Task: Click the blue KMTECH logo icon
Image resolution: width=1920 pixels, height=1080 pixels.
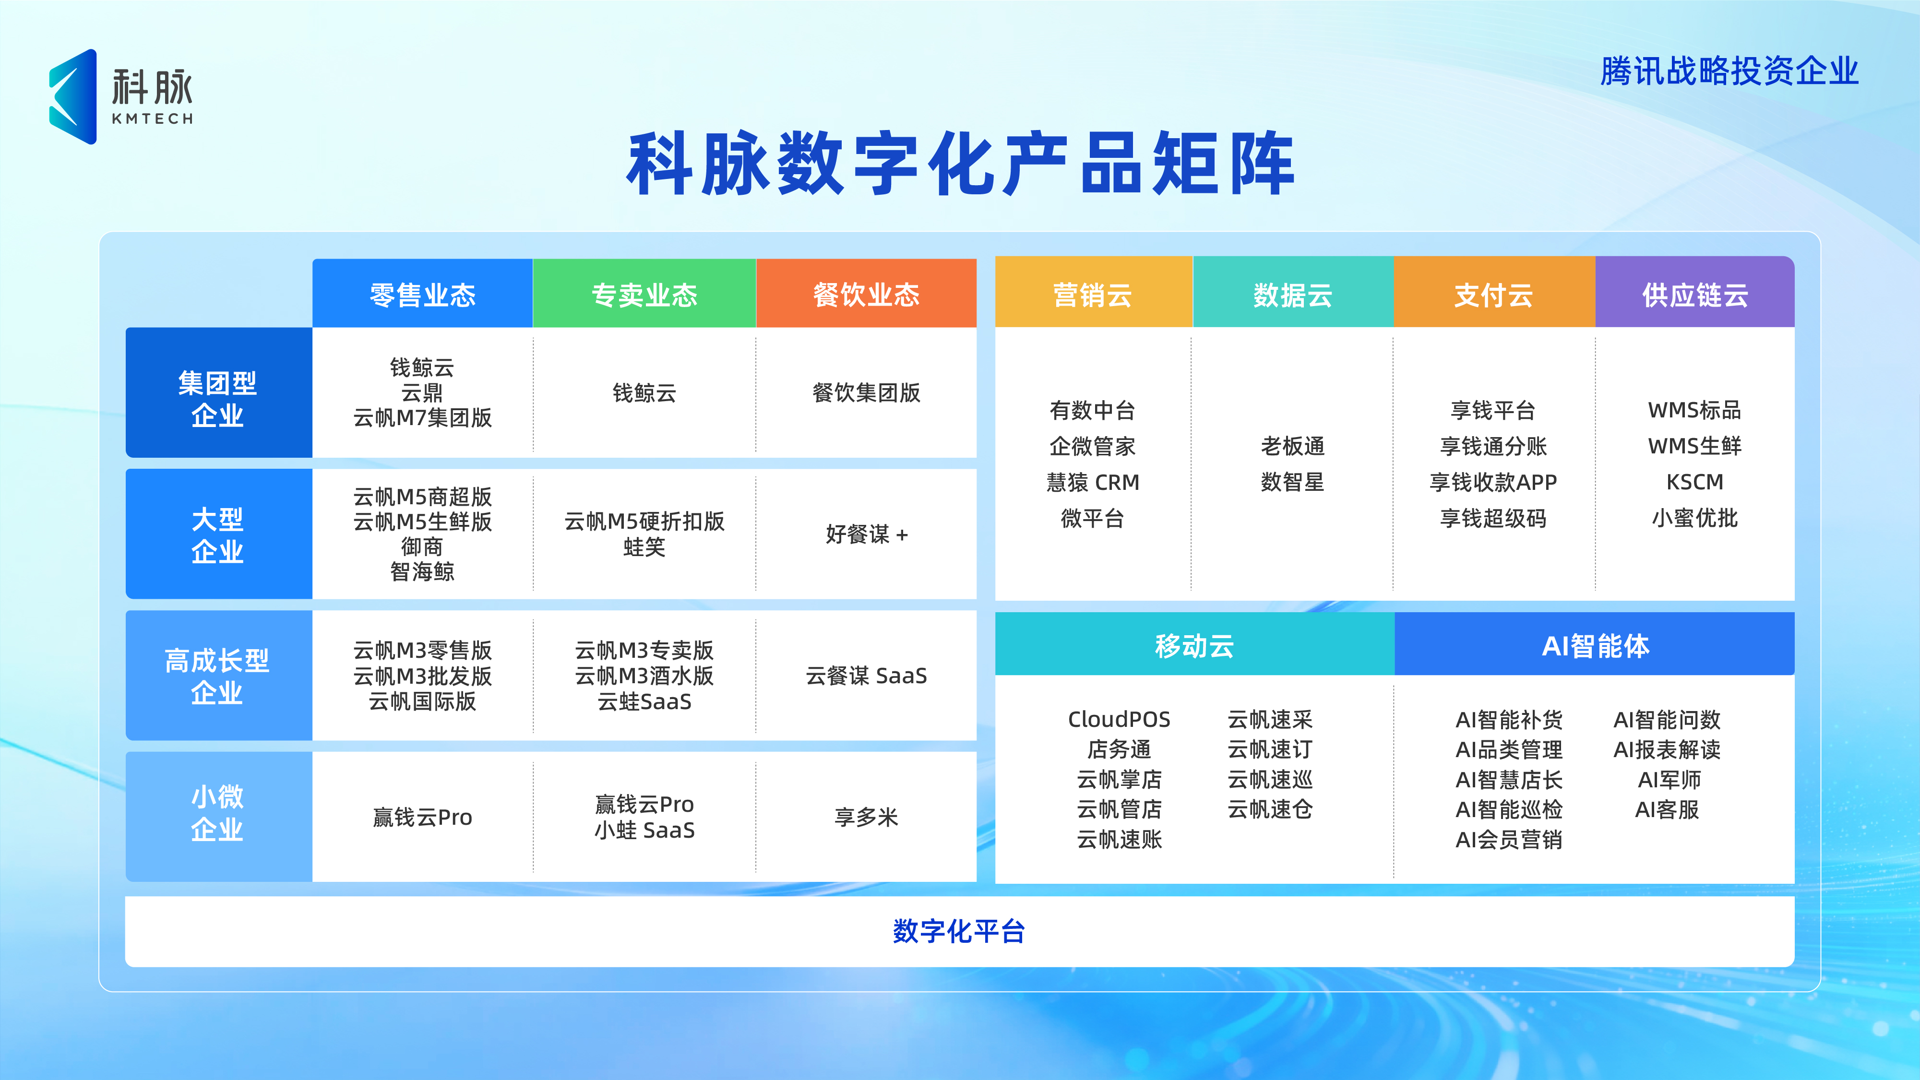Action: pos(73,97)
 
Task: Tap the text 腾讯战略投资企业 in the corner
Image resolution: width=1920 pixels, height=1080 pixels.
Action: pos(1729,71)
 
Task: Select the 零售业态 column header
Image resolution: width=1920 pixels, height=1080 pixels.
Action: pos(422,295)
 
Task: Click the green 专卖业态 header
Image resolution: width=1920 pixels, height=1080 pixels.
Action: pos(644,295)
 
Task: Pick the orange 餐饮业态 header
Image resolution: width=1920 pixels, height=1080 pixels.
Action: pos(866,295)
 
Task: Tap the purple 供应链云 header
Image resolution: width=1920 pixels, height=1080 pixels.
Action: pos(1694,295)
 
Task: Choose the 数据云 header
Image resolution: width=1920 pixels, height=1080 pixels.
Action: pos(1292,295)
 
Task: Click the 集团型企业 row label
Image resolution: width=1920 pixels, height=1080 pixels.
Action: pos(218,398)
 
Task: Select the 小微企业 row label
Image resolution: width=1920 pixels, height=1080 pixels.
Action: pos(218,812)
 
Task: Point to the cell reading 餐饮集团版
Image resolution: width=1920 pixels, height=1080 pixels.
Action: pos(866,393)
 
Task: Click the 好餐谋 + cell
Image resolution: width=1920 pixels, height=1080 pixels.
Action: pos(866,534)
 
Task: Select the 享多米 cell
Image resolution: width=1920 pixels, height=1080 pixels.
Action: pos(866,817)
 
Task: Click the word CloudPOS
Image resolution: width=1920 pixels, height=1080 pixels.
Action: pos(1119,719)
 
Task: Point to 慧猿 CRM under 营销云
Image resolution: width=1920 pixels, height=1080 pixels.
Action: pos(1093,482)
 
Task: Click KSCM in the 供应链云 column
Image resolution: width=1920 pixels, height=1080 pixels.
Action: pos(1694,482)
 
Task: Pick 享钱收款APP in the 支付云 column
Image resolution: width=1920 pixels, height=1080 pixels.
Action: pos(1493,482)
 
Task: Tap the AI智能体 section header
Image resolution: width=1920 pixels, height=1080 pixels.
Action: pos(1595,645)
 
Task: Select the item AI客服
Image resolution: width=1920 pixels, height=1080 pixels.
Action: pos(1667,809)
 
